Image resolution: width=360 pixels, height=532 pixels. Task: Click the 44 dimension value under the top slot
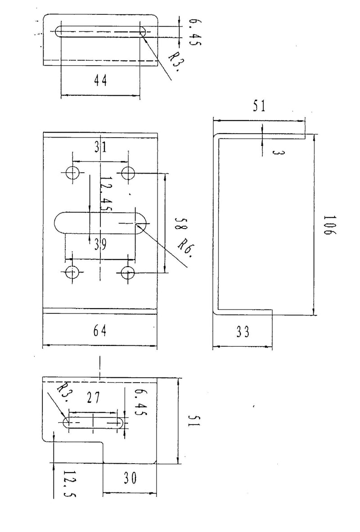coord(100,81)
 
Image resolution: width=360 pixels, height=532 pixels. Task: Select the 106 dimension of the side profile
coord(329,225)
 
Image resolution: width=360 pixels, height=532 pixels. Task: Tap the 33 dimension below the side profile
coord(243,331)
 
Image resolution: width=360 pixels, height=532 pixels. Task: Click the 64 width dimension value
coord(100,331)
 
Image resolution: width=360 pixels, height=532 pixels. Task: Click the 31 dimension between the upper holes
coord(100,147)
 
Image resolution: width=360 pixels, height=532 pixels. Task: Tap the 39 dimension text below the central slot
coord(100,244)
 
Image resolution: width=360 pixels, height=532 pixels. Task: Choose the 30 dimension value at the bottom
coord(130,478)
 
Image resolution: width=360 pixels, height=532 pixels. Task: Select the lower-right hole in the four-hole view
coord(128,273)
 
